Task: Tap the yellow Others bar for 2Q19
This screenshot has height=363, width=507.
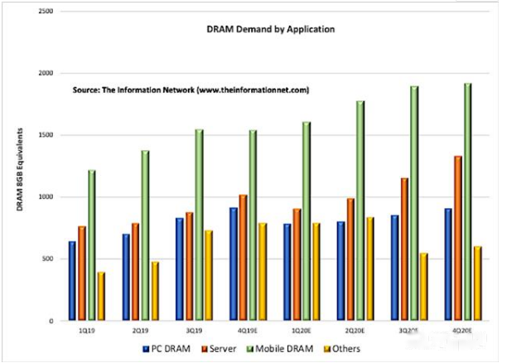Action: pyautogui.click(x=155, y=291)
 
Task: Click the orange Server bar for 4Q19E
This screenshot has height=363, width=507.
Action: pyautogui.click(x=244, y=257)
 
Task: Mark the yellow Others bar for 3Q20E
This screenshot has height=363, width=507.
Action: pyautogui.click(x=424, y=286)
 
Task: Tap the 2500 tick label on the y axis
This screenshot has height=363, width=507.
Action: pyautogui.click(x=46, y=12)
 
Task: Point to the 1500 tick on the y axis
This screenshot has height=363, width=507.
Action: pyautogui.click(x=46, y=135)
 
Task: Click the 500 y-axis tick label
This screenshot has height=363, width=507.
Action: pyautogui.click(x=48, y=259)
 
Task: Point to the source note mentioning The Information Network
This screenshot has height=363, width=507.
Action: pyautogui.click(x=190, y=90)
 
